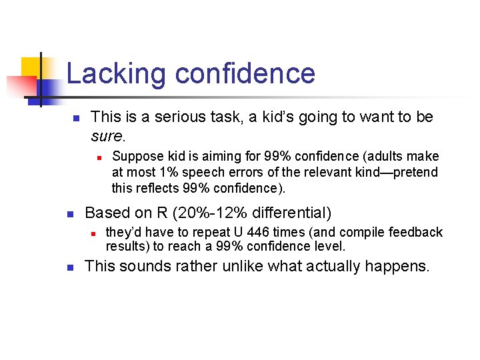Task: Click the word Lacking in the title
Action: click(x=115, y=73)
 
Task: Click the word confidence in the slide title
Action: click(x=243, y=73)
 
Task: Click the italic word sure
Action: click(x=107, y=137)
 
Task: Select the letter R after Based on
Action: click(x=162, y=213)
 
